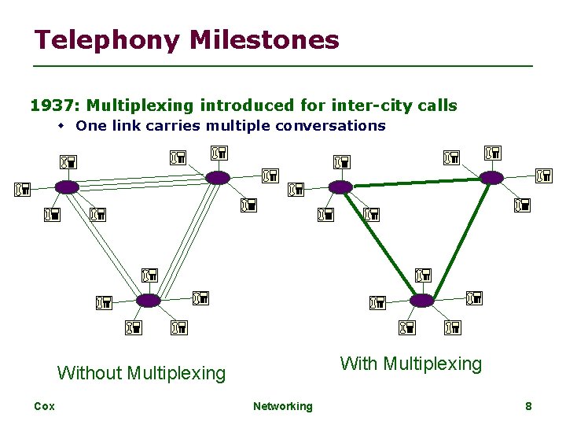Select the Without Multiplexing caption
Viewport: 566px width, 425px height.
141,372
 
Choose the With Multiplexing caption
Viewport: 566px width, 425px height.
410,364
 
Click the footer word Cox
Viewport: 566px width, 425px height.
44,406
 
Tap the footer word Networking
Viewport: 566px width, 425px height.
282,406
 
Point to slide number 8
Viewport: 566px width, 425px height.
528,406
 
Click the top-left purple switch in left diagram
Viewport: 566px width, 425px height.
67,187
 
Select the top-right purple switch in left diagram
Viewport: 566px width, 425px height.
218,178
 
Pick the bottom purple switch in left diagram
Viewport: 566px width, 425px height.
149,301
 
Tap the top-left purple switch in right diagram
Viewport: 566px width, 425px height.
340,187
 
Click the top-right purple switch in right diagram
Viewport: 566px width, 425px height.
491,178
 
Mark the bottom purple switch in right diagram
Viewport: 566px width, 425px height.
422,301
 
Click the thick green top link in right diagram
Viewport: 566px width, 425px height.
416,183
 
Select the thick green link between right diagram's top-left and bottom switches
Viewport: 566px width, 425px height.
381,243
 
